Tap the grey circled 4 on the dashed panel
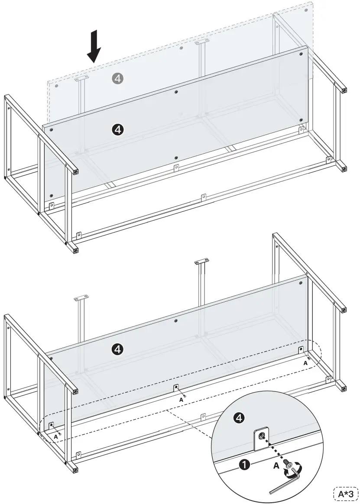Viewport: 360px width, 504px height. tap(118, 78)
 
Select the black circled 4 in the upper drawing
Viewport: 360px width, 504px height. tap(118, 129)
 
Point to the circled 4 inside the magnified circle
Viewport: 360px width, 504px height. tap(239, 417)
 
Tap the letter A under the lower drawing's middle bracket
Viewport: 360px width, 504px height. tap(181, 400)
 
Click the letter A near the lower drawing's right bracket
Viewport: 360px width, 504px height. tap(305, 363)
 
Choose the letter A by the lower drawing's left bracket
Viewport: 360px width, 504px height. tap(56, 437)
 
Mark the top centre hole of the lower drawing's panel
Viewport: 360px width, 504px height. tap(175, 320)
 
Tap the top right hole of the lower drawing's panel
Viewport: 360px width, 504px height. tap(300, 283)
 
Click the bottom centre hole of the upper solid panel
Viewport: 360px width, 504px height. tap(175, 158)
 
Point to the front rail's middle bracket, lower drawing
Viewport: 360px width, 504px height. tap(202, 417)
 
